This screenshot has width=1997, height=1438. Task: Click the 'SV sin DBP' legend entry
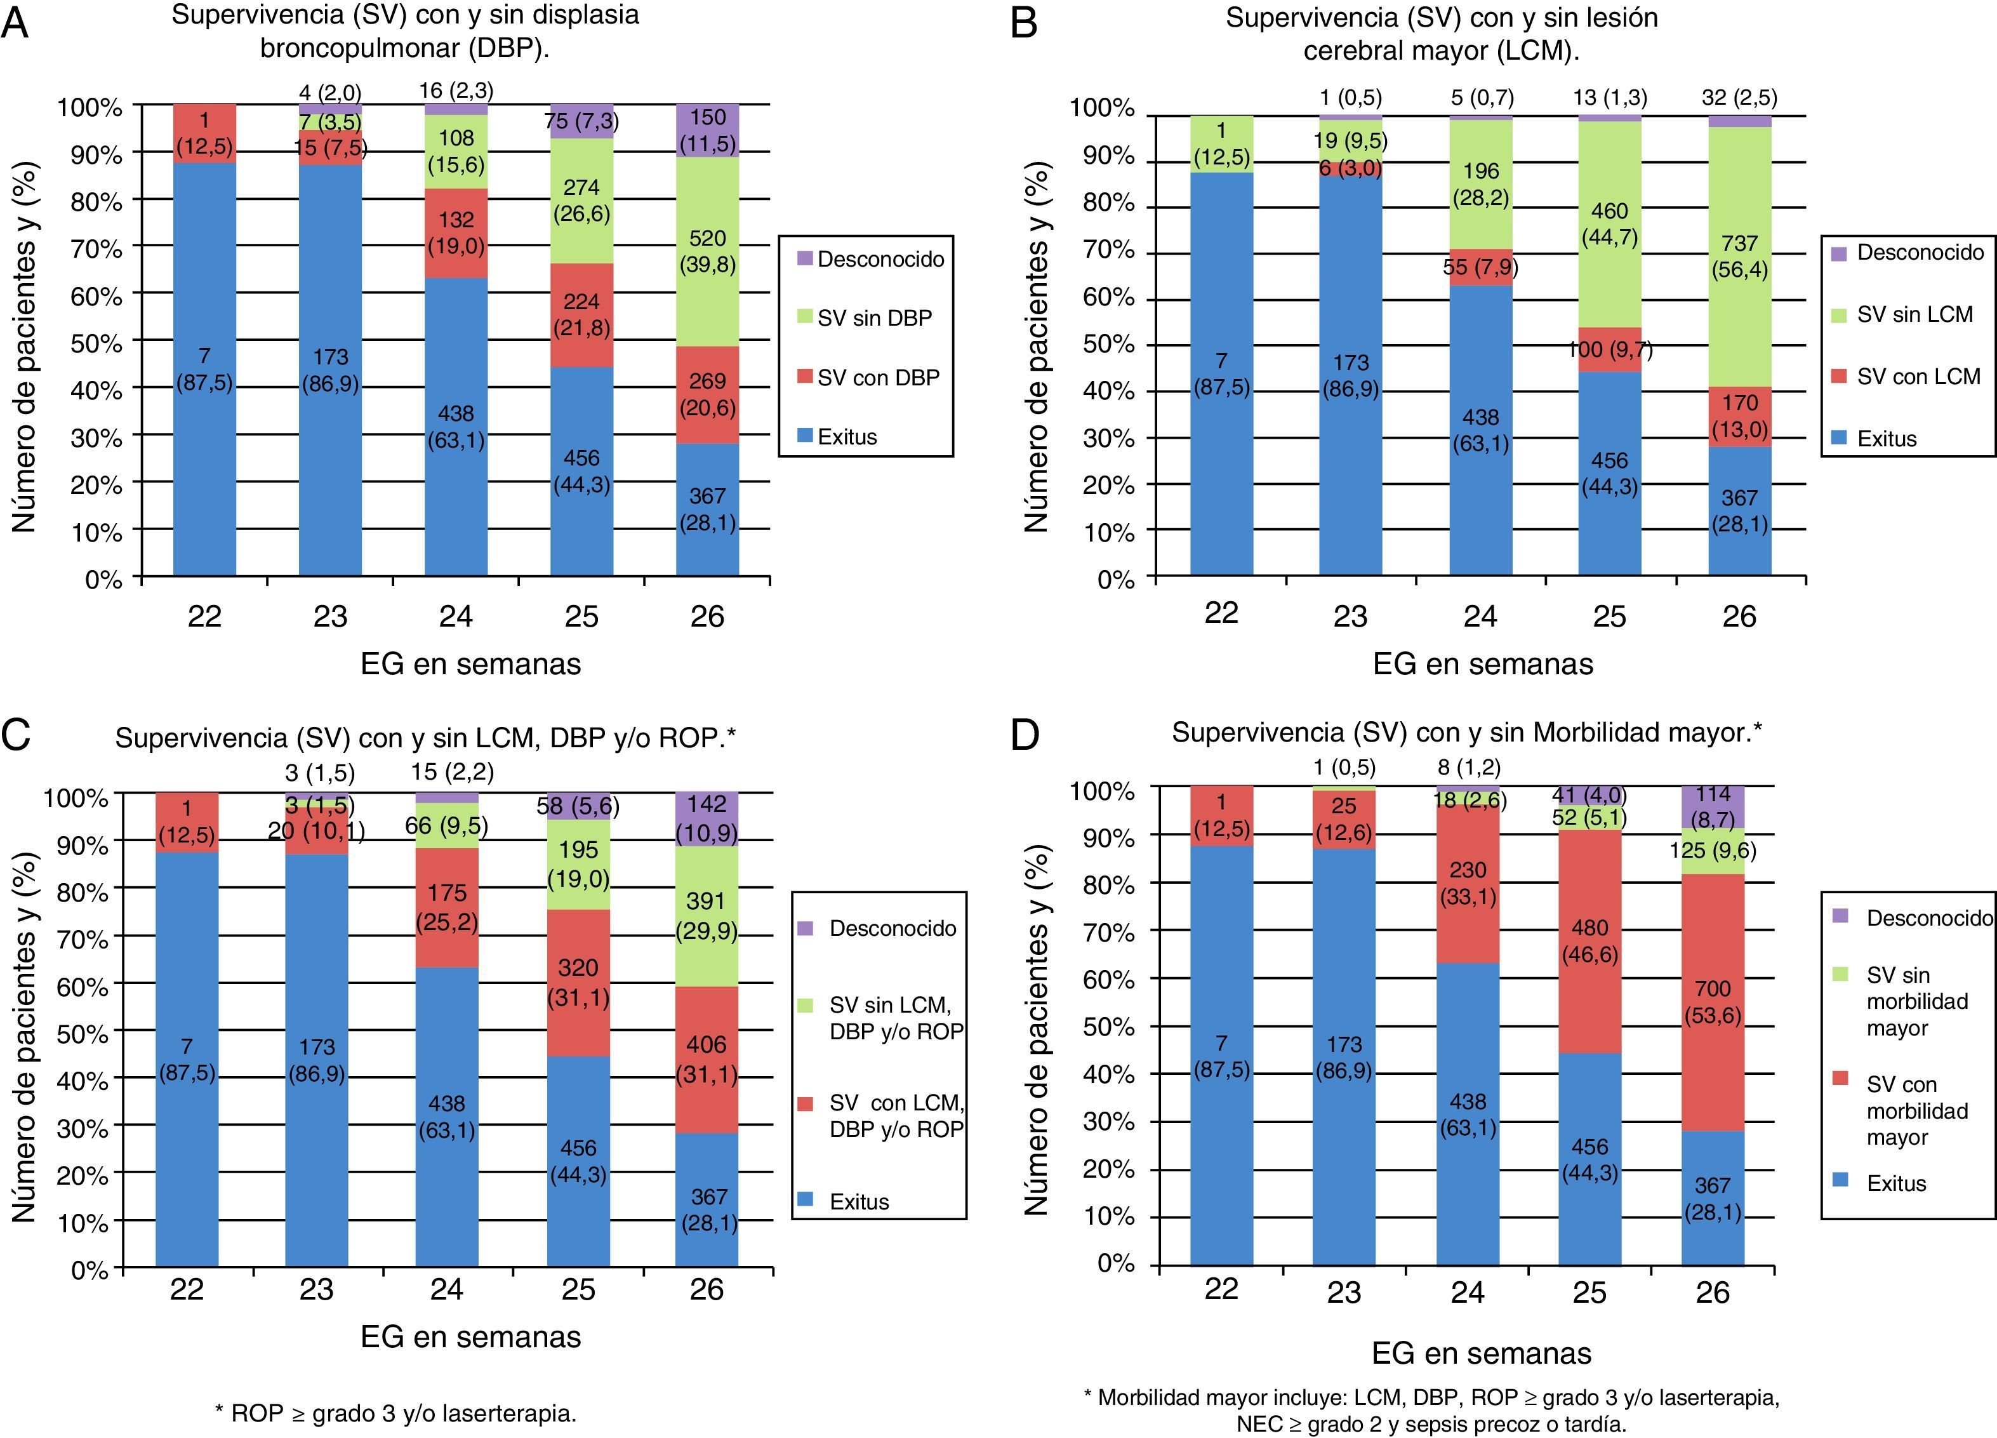[873, 318]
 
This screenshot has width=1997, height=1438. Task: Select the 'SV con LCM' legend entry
[1918, 377]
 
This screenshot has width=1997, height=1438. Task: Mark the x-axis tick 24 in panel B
[1480, 616]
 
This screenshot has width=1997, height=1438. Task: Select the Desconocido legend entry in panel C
[892, 928]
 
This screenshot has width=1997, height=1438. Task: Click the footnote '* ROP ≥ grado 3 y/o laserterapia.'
[395, 1413]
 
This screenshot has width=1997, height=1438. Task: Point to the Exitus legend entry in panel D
[1895, 1183]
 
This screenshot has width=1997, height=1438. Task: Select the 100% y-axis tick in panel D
[1101, 791]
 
